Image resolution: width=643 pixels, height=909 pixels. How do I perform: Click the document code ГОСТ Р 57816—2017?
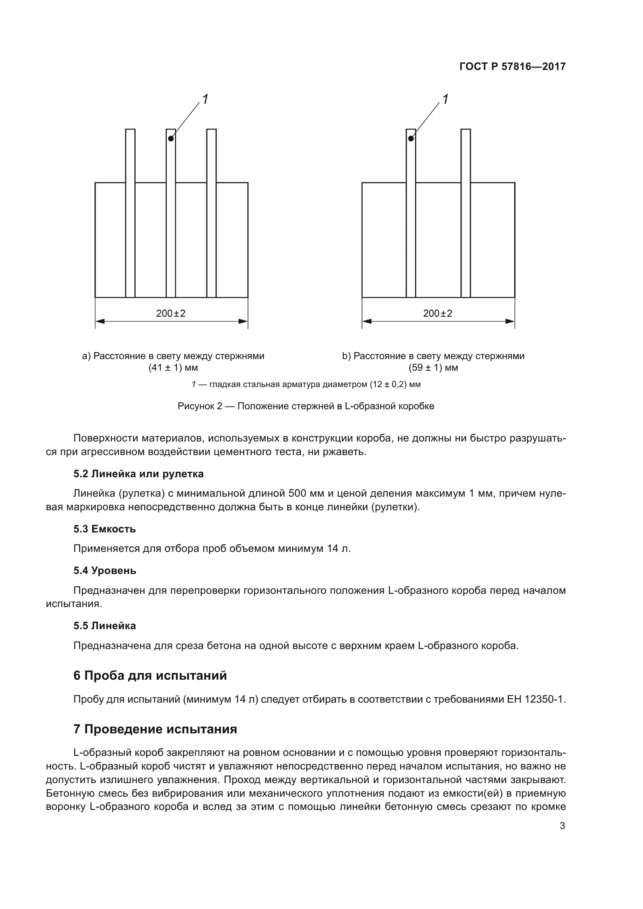coord(512,66)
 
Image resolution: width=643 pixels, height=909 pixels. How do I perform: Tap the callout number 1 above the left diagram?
coord(205,99)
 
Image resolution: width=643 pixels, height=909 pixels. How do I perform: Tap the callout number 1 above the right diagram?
coord(445,99)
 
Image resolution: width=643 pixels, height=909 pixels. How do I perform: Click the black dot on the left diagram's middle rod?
coord(171,139)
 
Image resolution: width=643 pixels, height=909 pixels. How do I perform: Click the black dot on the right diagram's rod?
coord(411,139)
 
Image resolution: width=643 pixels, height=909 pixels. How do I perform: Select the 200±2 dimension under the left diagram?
coord(171,314)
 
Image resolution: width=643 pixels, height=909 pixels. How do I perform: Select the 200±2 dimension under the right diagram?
coord(437,314)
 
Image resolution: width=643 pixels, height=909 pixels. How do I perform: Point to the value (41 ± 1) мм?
coord(173,368)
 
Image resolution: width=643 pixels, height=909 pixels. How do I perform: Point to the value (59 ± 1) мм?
coord(433,368)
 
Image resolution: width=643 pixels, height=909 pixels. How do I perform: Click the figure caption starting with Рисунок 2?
coord(306,406)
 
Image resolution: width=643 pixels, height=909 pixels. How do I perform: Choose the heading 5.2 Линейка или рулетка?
coord(138,474)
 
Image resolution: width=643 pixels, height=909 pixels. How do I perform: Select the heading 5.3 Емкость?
coord(105,529)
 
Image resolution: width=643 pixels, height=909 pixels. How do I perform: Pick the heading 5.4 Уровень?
coord(105,571)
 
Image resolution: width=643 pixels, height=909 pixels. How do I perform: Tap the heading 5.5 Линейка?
coord(105,626)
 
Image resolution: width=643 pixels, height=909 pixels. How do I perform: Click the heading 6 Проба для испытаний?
coord(150,675)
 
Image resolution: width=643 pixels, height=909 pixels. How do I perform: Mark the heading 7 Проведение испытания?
coord(155,729)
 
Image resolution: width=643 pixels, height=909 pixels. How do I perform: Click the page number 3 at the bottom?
coord(562,826)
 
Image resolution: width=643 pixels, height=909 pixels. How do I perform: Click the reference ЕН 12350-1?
coord(536,700)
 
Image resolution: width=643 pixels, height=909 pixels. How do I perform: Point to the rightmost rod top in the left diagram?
coord(211,131)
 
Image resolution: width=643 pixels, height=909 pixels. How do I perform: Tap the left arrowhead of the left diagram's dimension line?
coord(100,321)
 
